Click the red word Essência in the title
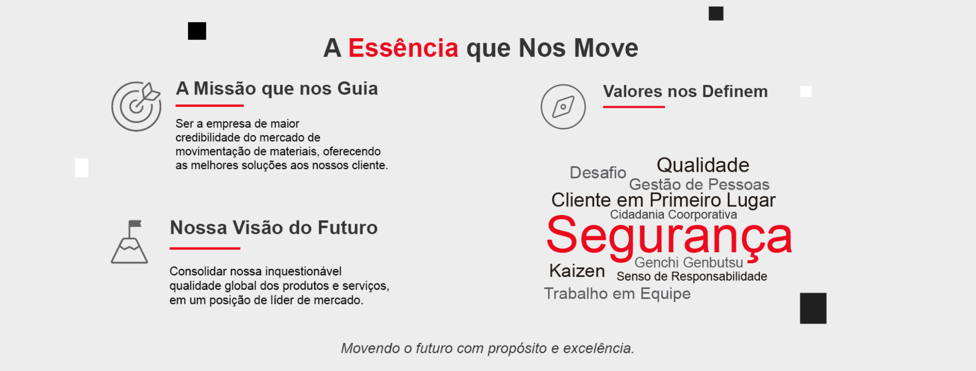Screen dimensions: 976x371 403,48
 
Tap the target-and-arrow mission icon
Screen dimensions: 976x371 136,106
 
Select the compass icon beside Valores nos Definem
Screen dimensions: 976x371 563,107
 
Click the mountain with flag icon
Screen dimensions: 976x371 130,242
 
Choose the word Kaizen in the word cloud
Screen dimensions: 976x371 577,271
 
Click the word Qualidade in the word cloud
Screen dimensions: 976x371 703,165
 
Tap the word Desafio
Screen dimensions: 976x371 598,173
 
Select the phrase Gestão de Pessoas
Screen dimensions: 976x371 699,184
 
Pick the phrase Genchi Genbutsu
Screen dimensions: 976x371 689,262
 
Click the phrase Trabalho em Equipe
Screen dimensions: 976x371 617,294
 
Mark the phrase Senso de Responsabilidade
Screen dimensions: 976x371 692,276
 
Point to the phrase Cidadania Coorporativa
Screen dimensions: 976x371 674,214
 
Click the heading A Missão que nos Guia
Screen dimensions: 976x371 277,89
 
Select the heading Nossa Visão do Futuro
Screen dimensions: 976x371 274,228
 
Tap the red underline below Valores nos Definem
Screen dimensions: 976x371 634,107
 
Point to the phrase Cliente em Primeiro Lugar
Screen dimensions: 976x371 663,200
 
